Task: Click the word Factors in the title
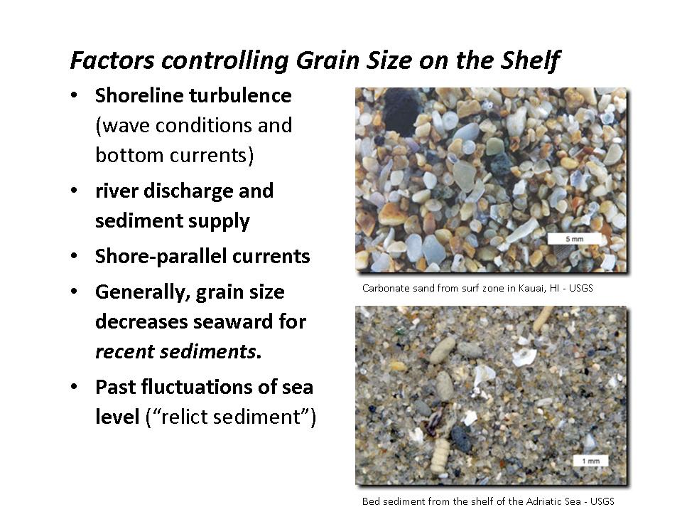point(112,60)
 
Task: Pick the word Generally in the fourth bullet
point(143,292)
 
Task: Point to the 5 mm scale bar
point(574,239)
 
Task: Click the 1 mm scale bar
point(590,461)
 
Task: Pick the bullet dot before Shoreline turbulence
point(74,95)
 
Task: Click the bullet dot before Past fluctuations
point(74,387)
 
